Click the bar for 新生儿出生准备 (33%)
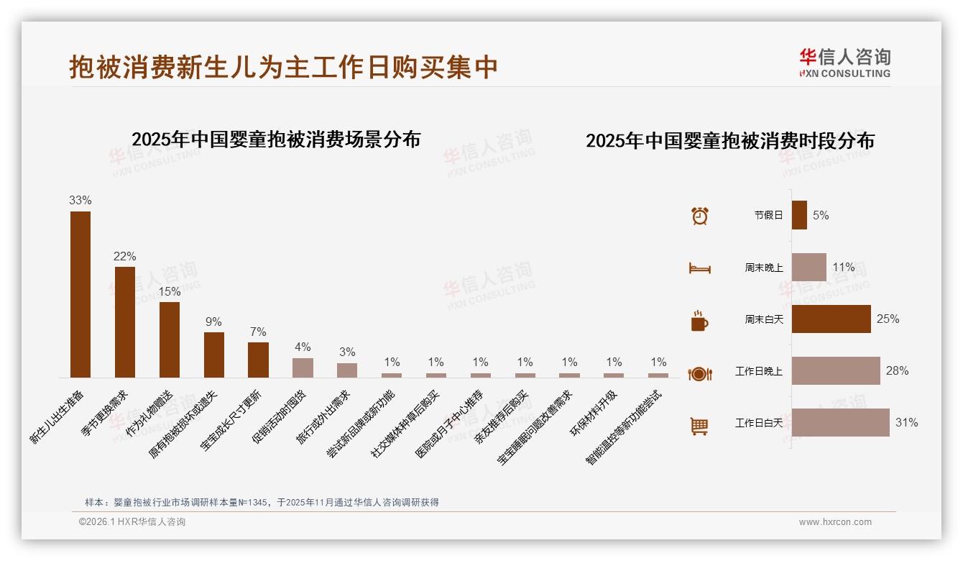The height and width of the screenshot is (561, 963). point(80,294)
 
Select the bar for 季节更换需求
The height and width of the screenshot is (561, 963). point(125,321)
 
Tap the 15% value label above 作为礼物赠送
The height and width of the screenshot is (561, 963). point(170,291)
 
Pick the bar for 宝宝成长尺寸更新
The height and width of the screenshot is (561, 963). point(258,360)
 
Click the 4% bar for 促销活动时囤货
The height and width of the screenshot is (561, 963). point(303,368)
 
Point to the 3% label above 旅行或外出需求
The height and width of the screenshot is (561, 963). point(347,352)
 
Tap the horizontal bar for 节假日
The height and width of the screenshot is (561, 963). point(799,215)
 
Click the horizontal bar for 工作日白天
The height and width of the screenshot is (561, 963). point(840,423)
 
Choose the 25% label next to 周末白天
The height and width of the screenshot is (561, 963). point(888,319)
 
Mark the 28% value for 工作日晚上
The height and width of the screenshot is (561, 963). point(897,370)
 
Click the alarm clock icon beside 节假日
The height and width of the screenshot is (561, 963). point(699,216)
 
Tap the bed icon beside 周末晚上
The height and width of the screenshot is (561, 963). point(699,268)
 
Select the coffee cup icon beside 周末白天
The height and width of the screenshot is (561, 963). point(699,321)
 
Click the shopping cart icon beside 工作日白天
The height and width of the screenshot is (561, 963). point(699,426)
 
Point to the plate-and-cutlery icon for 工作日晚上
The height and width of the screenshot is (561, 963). point(699,373)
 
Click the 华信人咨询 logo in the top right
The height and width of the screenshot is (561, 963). point(844,63)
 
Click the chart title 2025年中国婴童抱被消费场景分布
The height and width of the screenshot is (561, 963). point(276,139)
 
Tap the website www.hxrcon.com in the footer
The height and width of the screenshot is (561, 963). point(835,522)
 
